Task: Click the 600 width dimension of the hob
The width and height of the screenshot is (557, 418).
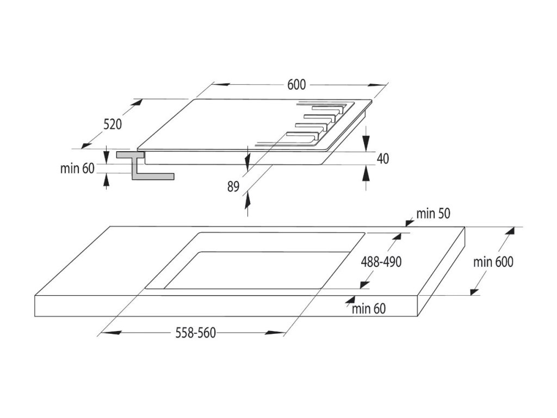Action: tap(296, 85)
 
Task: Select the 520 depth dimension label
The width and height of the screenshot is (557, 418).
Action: tap(113, 124)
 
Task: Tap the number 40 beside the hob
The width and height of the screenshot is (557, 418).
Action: tap(382, 159)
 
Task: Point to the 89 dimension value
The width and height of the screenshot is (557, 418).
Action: tap(233, 186)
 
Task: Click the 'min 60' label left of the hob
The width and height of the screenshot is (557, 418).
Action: tap(77, 169)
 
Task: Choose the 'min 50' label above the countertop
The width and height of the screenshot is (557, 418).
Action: tap(433, 214)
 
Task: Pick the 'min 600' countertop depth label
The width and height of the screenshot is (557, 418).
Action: tap(493, 262)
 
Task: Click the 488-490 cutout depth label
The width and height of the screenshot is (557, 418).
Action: tap(381, 262)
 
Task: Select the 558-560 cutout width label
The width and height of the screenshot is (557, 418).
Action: tap(195, 333)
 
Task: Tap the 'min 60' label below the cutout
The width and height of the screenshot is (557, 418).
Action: tap(368, 309)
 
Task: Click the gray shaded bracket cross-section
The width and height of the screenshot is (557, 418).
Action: tap(145, 165)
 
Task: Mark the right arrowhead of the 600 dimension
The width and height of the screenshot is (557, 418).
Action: tap(377, 85)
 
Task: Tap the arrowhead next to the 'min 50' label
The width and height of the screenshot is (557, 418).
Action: tap(409, 222)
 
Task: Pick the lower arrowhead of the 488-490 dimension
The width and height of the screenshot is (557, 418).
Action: tap(364, 285)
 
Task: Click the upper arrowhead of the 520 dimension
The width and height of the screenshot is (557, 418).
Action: tap(137, 103)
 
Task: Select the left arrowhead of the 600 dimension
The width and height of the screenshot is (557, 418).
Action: tap(221, 85)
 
